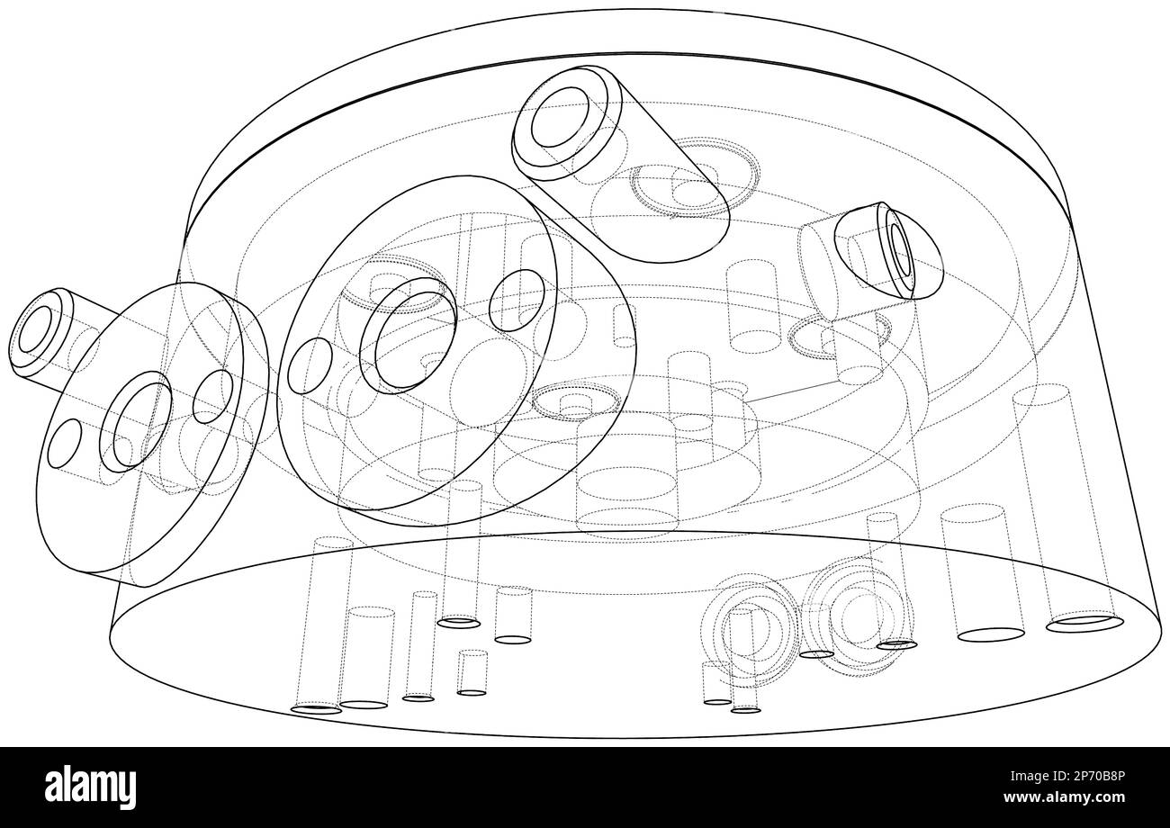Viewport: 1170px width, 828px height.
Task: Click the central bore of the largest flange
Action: pos(409,336)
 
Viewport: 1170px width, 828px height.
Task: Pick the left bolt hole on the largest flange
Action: pos(310,365)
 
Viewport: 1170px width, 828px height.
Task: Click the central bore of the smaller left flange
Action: pos(136,421)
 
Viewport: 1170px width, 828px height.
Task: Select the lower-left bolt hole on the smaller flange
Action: pos(64,443)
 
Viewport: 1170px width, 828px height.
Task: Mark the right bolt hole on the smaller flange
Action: pos(213,397)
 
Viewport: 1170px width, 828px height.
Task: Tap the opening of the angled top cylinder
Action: pos(561,117)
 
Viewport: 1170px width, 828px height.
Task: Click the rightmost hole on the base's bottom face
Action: pos(1085,624)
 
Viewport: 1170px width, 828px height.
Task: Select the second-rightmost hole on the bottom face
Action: pos(991,634)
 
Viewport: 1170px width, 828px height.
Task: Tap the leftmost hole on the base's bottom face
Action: pos(316,709)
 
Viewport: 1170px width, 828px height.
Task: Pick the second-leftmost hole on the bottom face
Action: pos(364,705)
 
